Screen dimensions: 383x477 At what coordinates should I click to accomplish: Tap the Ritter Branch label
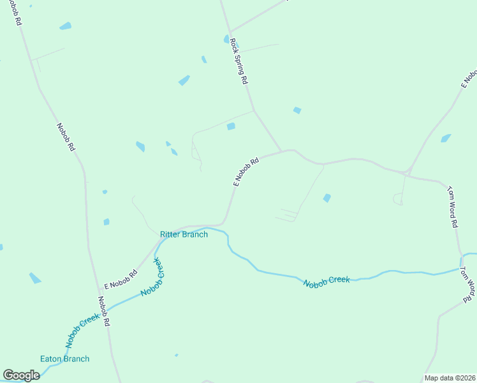pyautogui.click(x=184, y=234)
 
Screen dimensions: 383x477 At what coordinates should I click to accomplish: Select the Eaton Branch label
pyautogui.click(x=64, y=359)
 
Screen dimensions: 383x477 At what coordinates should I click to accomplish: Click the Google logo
pyautogui.click(x=21, y=375)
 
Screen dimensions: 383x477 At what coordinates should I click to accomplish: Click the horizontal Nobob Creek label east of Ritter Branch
pyautogui.click(x=326, y=282)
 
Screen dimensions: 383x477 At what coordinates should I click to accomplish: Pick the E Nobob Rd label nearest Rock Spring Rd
pyautogui.click(x=246, y=172)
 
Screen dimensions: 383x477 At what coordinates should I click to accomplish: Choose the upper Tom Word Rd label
pyautogui.click(x=452, y=206)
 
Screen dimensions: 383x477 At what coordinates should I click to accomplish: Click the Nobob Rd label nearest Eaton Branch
pyautogui.click(x=104, y=312)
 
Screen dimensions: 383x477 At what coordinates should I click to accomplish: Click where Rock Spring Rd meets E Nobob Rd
pyautogui.click(x=282, y=151)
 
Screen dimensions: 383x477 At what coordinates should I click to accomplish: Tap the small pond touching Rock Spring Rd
pyautogui.click(x=226, y=39)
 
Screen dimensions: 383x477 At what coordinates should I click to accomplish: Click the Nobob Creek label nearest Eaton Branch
pyautogui.click(x=82, y=326)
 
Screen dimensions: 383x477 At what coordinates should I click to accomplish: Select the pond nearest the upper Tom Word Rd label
pyautogui.click(x=446, y=138)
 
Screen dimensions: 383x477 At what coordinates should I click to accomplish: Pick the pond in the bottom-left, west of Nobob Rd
pyautogui.click(x=34, y=278)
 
